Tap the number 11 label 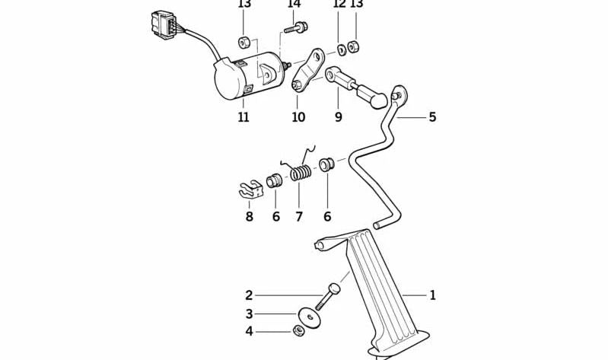click(x=244, y=117)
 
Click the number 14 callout click(x=294, y=5)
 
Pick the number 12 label click(x=339, y=5)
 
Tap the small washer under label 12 click(x=341, y=50)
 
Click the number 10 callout click(x=298, y=117)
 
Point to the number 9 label click(x=338, y=117)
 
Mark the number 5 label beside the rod click(x=432, y=117)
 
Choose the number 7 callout click(x=299, y=217)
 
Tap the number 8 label click(x=249, y=217)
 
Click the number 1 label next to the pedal click(x=432, y=295)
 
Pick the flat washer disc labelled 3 click(x=309, y=316)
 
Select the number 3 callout click(x=248, y=314)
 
